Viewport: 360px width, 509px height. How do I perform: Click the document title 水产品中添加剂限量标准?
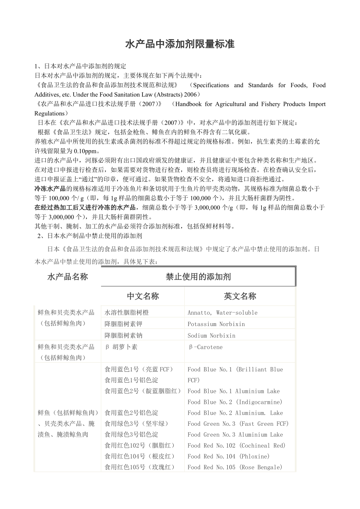[180, 45]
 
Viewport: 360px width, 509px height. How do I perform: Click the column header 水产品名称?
[68, 277]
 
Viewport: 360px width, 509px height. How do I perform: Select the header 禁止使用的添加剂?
[198, 277]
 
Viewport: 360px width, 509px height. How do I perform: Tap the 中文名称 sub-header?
[143, 296]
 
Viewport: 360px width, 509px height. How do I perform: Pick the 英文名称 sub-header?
[240, 296]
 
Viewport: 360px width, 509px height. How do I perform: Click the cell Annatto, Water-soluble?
[222, 313]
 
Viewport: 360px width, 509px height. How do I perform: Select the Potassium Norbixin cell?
[216, 324]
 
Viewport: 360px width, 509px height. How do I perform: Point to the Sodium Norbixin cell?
[211, 335]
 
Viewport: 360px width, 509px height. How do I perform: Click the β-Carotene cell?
[205, 347]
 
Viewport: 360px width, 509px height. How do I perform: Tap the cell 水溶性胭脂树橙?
[127, 313]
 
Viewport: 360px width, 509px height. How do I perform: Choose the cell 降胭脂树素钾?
[124, 324]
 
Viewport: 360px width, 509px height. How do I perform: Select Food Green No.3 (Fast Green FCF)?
[238, 424]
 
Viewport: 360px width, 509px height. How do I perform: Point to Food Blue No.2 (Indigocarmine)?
[235, 402]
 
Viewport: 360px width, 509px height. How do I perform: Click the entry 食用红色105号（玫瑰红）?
[140, 467]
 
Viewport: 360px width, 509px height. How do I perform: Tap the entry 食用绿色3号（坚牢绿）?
[137, 424]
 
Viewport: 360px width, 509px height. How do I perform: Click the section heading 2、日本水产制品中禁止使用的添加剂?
[89, 236]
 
